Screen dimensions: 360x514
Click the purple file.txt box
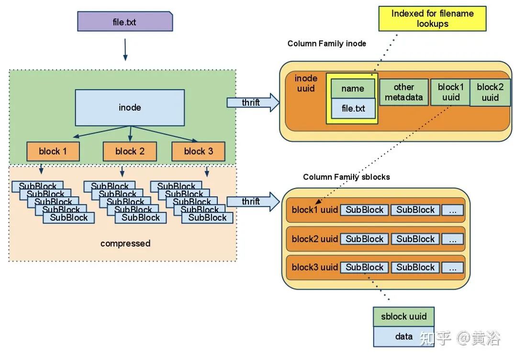click(x=124, y=22)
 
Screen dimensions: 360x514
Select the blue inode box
click(x=130, y=107)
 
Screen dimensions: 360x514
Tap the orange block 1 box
click(x=53, y=151)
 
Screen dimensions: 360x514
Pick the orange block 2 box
click(x=130, y=151)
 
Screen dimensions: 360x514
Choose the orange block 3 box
click(x=199, y=151)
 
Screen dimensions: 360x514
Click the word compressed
click(x=125, y=243)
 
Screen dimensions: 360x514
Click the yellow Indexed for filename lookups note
click(x=432, y=19)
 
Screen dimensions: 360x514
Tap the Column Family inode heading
click(x=327, y=44)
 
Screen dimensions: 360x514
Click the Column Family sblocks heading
click(x=346, y=177)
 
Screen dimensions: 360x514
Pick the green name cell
click(x=353, y=89)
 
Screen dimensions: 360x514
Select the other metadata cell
click(x=404, y=92)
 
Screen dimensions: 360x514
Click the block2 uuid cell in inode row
click(x=490, y=92)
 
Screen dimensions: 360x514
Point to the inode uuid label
click(x=306, y=83)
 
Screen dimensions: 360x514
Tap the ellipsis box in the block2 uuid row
click(x=452, y=239)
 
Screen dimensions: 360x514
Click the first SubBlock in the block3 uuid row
click(x=365, y=267)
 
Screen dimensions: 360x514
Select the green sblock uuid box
click(x=403, y=316)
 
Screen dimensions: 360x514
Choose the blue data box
click(x=403, y=336)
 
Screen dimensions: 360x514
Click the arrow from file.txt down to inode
click(x=125, y=50)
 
